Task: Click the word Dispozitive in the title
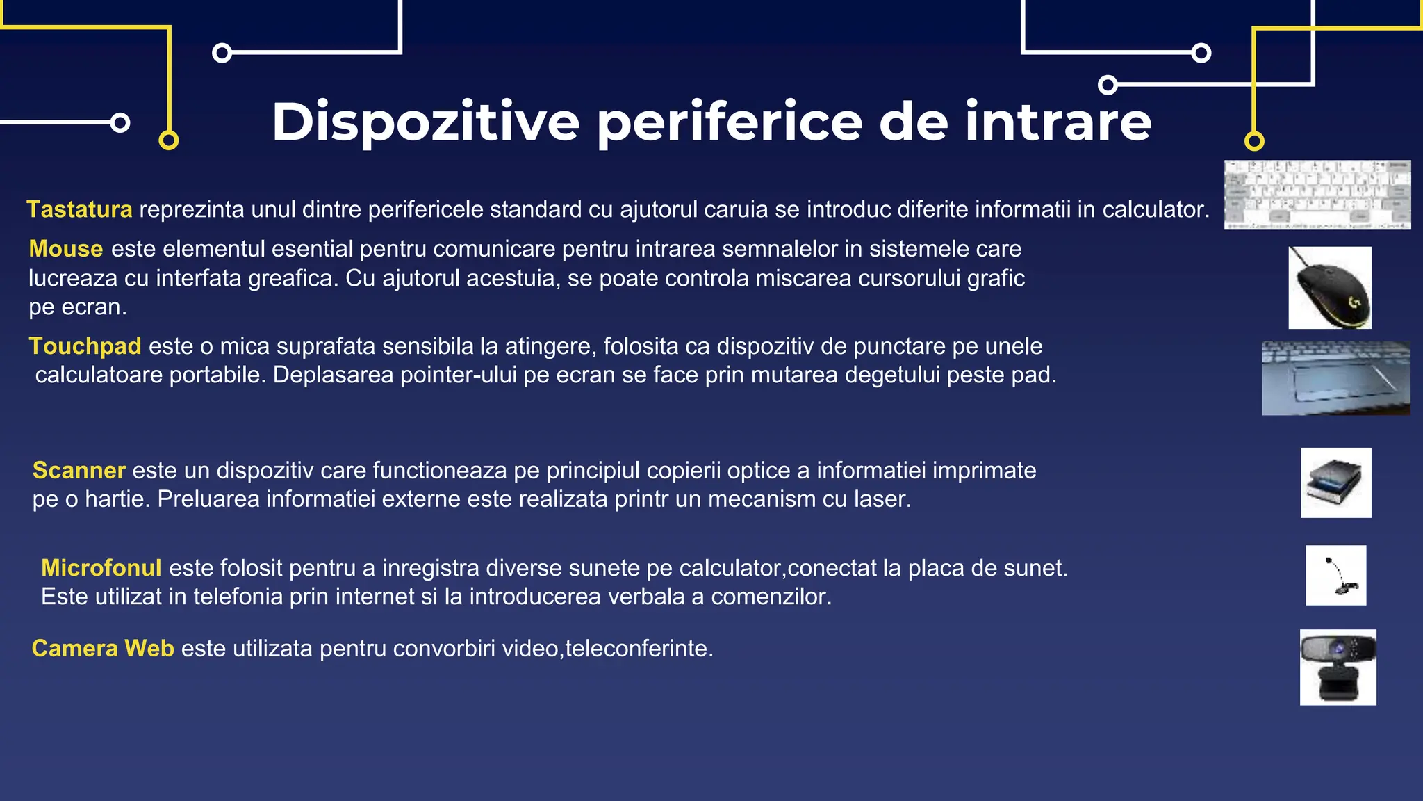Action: click(x=425, y=122)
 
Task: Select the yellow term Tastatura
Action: click(x=79, y=209)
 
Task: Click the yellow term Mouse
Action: click(x=66, y=249)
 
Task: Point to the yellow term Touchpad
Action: click(x=85, y=346)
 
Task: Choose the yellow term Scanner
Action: click(x=79, y=471)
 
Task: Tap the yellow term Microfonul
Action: click(x=101, y=568)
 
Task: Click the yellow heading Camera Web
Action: click(x=103, y=649)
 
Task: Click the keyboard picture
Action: click(x=1317, y=195)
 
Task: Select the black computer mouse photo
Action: click(x=1330, y=287)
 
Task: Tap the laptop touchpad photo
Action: click(x=1335, y=378)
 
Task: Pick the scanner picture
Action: click(x=1335, y=483)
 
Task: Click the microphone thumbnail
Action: click(x=1335, y=575)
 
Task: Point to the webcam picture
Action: click(x=1338, y=667)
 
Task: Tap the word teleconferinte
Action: click(x=638, y=649)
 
